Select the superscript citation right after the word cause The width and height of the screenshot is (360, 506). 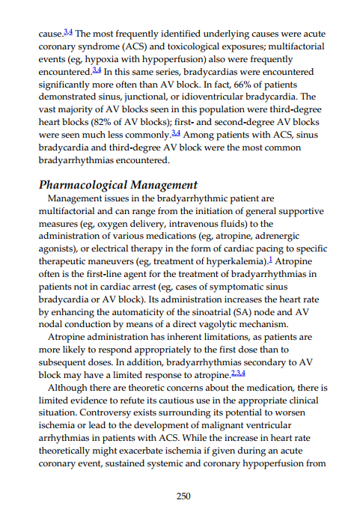tap(68, 33)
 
